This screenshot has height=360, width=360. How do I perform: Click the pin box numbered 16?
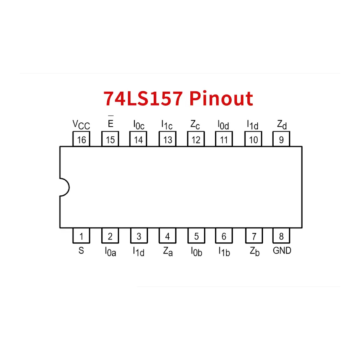81,139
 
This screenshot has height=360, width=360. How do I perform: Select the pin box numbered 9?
281,139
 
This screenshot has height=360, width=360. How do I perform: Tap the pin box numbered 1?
81,236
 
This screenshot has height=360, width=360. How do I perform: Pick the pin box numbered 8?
281,236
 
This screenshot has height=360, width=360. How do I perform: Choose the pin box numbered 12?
196,139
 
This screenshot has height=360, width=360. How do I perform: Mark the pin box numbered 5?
196,236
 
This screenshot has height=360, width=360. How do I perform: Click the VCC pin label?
81,125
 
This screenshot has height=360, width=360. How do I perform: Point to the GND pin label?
282,250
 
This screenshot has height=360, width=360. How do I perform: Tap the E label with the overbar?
111,122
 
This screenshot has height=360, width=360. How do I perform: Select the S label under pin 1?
81,250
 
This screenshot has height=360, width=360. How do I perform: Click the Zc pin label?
195,125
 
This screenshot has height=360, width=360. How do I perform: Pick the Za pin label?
168,251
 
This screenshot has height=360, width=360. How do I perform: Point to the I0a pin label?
110,251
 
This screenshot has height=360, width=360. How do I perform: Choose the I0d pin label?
223,125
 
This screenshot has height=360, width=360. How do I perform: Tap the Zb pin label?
255,251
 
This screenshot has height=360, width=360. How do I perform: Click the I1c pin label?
167,125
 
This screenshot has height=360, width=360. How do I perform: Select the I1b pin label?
224,251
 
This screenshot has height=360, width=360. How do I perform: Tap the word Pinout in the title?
221,99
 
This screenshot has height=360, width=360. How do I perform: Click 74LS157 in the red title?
143,98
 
